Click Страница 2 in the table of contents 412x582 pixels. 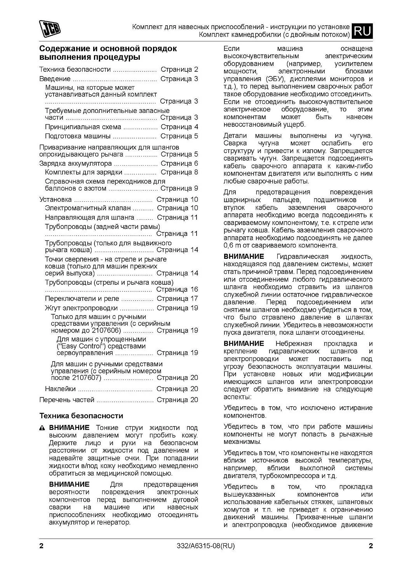pos(179,70)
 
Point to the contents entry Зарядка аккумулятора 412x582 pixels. pos(75,163)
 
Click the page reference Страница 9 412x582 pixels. pos(179,189)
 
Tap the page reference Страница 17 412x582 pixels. pos(177,299)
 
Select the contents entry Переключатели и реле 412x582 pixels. pos(82,299)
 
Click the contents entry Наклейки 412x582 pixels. pos(60,389)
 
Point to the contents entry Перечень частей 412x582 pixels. pos(67,400)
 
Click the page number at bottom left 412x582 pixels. pos(42,547)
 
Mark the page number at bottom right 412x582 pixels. pos(370,547)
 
